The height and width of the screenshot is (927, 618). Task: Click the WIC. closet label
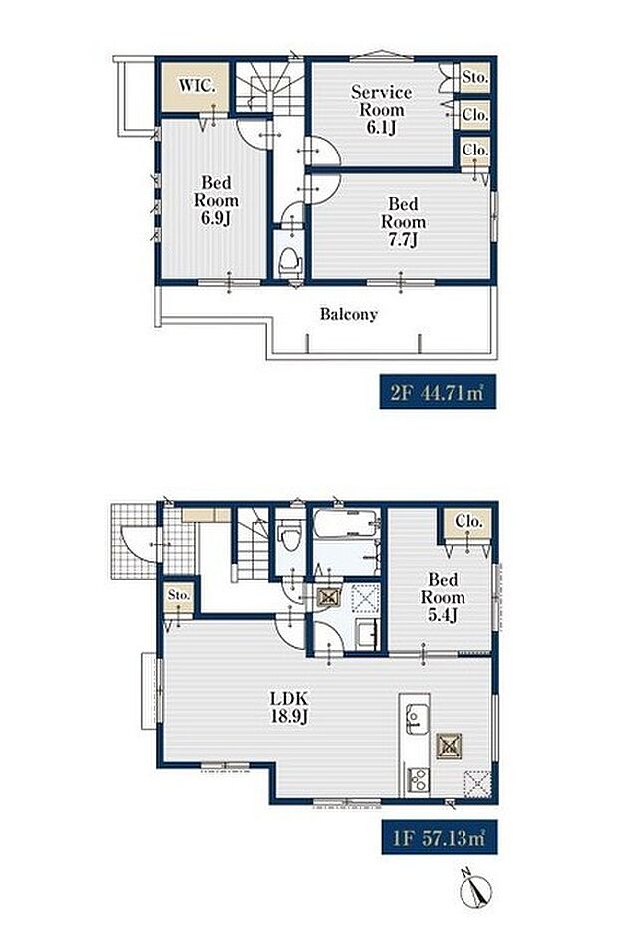coord(197,85)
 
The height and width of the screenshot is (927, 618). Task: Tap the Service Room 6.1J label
coord(381,110)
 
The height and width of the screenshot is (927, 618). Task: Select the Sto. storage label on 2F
coord(474,77)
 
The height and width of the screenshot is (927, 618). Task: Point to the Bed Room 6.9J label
coord(216,200)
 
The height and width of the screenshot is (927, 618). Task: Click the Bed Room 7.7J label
coord(403,222)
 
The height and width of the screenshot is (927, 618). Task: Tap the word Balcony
coord(348,314)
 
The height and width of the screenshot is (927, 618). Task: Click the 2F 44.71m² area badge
coord(438,392)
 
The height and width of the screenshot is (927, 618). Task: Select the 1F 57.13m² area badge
coord(440,837)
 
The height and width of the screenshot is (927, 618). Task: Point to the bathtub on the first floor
coord(346,523)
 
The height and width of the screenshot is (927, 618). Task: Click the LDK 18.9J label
coord(289,707)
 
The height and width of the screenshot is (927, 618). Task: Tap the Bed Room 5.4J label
coord(443,597)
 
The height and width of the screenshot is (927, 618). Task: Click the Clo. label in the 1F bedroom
coord(468,522)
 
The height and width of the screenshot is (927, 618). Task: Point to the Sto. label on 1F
coord(178,595)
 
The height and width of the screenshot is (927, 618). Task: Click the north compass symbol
coord(476,887)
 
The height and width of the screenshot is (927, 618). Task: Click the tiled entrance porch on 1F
coord(135,541)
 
